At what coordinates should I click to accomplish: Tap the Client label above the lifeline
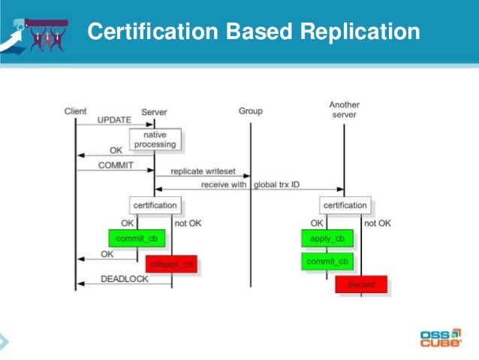point(76,111)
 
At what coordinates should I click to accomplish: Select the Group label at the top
point(250,111)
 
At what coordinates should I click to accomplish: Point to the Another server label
point(343,109)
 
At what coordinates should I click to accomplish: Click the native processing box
point(155,139)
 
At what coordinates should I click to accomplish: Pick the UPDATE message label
point(114,120)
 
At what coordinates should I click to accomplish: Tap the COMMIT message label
point(114,165)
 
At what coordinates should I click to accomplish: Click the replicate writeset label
point(201,172)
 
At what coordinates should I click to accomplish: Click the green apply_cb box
point(327,239)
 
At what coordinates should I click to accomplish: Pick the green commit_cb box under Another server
point(327,262)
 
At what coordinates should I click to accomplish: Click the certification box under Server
point(155,205)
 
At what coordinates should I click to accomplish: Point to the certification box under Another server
point(345,205)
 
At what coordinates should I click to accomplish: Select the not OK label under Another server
point(377,223)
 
